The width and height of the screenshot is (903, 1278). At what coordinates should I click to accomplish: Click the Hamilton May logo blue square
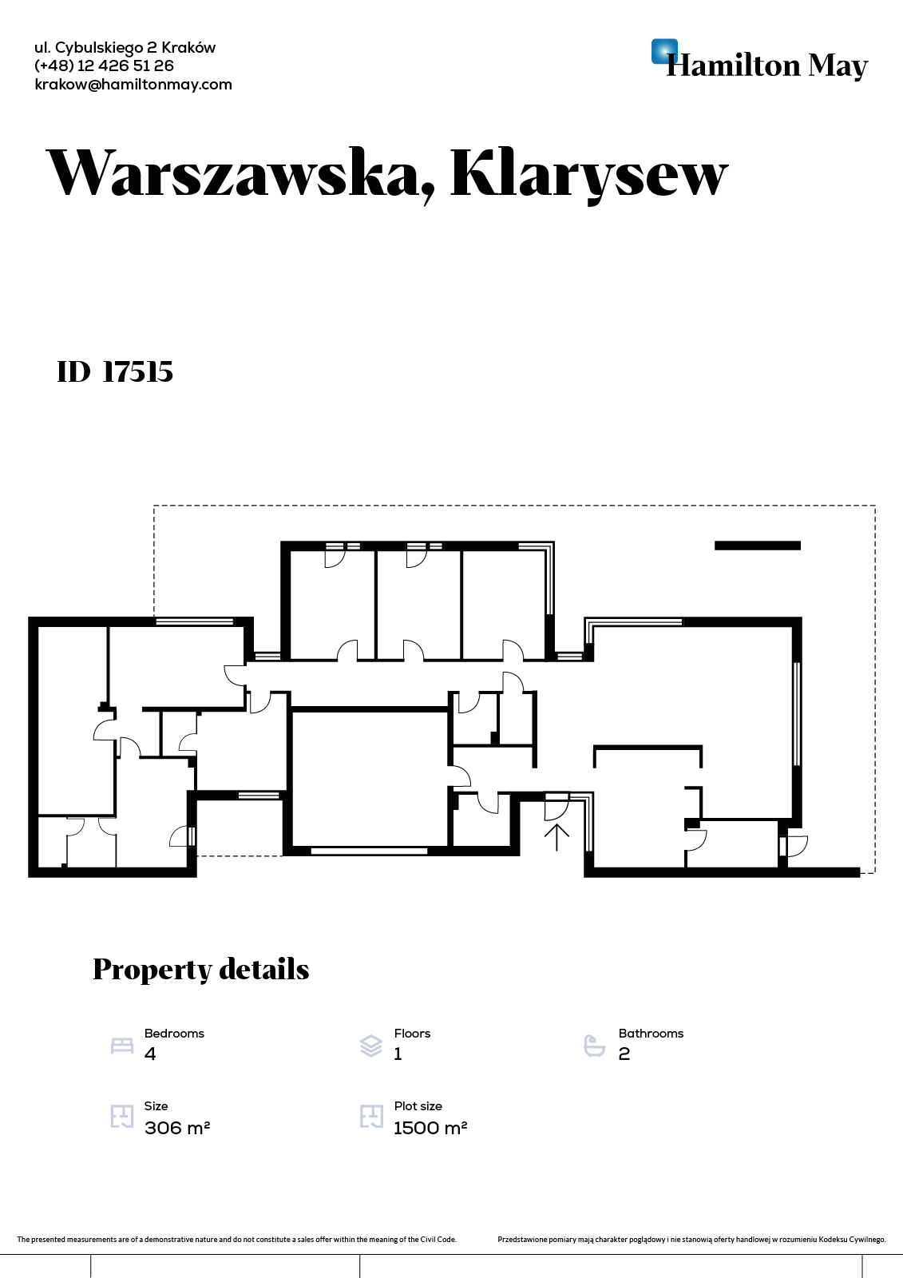[664, 51]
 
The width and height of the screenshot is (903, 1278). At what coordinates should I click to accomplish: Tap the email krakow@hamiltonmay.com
[133, 85]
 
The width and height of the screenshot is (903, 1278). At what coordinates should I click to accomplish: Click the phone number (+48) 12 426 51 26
[104, 66]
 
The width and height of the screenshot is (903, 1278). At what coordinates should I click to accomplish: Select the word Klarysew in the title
[589, 175]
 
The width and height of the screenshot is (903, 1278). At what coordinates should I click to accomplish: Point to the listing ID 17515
[115, 372]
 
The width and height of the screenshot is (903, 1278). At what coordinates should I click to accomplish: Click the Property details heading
[200, 970]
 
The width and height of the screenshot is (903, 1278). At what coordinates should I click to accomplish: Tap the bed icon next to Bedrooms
[122, 1046]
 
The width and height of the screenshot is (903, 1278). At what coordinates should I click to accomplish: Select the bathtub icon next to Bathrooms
[595, 1046]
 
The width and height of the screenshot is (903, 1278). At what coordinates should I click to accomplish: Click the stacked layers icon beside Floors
[371, 1046]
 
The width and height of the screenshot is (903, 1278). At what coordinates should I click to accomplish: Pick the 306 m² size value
[177, 1128]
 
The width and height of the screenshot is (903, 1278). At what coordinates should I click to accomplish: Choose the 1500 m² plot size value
[430, 1128]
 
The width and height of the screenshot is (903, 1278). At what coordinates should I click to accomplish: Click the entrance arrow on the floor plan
[556, 838]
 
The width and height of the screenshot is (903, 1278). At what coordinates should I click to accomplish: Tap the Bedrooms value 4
[150, 1054]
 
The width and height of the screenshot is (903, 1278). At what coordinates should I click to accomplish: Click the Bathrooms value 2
[624, 1054]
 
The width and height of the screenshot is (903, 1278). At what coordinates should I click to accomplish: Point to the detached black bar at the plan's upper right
[758, 546]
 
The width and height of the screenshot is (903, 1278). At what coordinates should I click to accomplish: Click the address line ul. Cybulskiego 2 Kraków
[125, 48]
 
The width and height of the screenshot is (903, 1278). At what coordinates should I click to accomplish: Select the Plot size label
[418, 1106]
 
